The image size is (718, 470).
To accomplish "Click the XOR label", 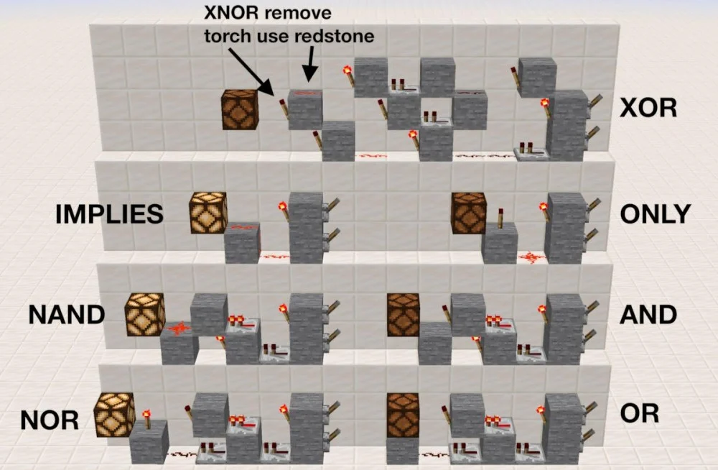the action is point(648,109).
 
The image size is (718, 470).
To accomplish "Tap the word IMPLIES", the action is point(109,214).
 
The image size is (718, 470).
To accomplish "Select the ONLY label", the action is point(656,213).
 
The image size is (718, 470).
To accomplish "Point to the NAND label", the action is point(67,315).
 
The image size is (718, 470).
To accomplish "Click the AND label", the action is point(648,315).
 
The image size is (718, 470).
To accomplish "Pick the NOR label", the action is point(50,420).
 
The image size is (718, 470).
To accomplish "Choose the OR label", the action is point(639,413).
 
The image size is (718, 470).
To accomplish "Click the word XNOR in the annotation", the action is point(232,12).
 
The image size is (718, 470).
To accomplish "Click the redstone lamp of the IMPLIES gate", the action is point(208,212).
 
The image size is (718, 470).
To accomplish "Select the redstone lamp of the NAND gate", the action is point(145,314).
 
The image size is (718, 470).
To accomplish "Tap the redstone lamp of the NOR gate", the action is point(114,415).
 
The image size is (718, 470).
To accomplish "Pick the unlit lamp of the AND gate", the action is point(404,315).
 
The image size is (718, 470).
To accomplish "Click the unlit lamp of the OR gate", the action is point(403,415).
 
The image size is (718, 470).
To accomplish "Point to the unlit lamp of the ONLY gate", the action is point(468,213).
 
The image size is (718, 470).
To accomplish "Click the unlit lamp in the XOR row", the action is point(240,109).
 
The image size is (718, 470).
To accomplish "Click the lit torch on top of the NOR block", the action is point(146,419).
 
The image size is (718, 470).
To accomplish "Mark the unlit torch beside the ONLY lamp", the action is point(500,218).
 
